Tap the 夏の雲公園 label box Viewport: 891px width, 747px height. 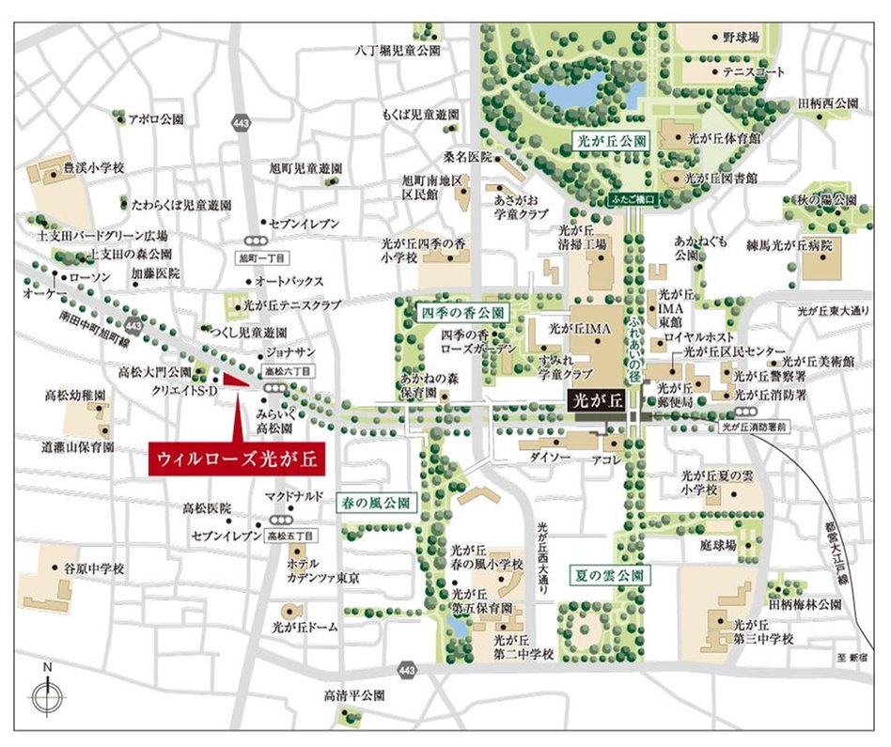(x=607, y=573)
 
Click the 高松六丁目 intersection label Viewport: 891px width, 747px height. (x=283, y=371)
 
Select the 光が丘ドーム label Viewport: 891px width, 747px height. (x=305, y=624)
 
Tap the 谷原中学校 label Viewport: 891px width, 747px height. (x=93, y=568)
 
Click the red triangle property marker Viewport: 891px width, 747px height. (x=236, y=380)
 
